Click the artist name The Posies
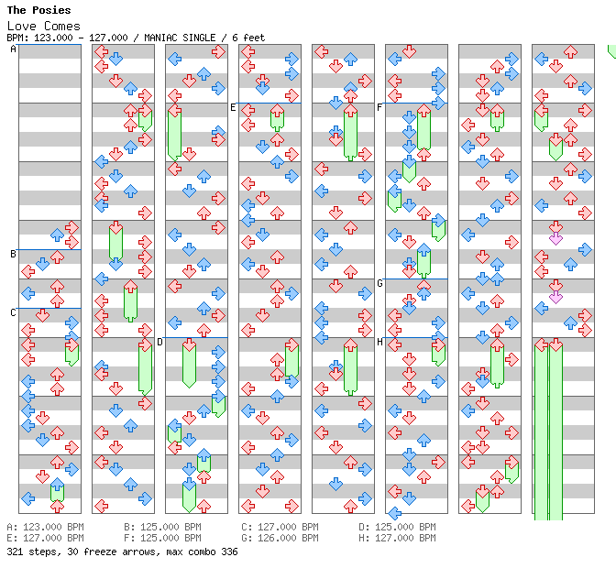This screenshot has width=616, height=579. pos(38,10)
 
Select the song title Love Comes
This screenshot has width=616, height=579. pos(44,26)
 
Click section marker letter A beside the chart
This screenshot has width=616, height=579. pos(14,49)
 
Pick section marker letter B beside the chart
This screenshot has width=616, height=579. pos(14,254)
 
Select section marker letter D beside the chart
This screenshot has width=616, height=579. pos(160,342)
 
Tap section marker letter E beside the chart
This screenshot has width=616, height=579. pos(234,107)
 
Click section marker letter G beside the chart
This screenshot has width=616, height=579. pos(380,283)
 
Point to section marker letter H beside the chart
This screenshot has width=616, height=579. pos(380,342)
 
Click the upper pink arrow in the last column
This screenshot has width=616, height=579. pos(555,238)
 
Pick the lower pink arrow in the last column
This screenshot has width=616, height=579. pos(555,297)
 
